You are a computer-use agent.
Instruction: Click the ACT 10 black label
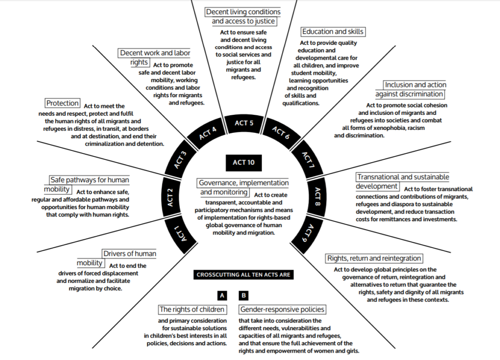[x=244, y=162]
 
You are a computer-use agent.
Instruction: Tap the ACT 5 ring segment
[x=244, y=123]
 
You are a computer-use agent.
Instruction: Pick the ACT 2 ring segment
[x=170, y=196]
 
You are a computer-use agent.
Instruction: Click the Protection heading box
[x=62, y=103]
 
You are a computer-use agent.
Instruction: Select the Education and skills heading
[x=333, y=32]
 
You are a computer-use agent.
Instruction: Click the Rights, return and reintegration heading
[x=374, y=258]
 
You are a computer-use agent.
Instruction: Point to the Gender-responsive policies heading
[x=282, y=309]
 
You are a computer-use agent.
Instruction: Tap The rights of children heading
[x=192, y=309]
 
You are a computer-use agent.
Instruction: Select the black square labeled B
[x=244, y=296]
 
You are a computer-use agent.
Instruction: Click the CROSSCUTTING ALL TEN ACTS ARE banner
[x=243, y=275]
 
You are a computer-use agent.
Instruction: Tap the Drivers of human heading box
[x=129, y=254]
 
